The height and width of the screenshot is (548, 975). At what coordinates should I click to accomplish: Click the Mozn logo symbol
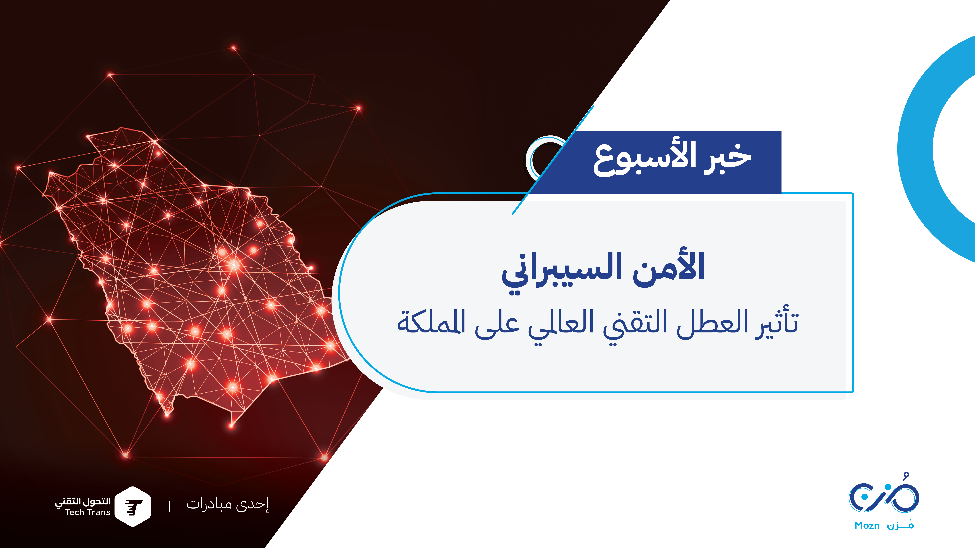click(x=884, y=493)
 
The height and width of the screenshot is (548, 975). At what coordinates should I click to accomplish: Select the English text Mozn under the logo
click(x=867, y=526)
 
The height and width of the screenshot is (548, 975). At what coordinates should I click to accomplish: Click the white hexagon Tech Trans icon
click(x=133, y=506)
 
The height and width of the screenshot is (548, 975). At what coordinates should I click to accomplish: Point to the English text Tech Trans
click(x=88, y=512)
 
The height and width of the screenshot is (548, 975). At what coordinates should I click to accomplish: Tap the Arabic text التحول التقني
click(x=82, y=502)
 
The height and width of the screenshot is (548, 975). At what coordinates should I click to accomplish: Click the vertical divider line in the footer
click(x=169, y=506)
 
